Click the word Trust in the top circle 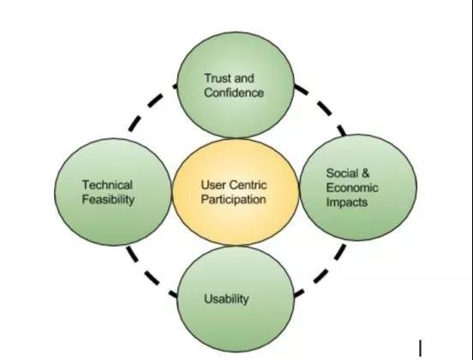point(218,78)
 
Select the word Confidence point(234,93)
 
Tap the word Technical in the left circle point(107,184)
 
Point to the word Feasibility point(108,200)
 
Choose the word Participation point(233,200)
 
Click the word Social point(343,173)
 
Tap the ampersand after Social point(365,173)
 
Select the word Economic point(352,188)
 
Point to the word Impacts point(347,202)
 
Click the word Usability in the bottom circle point(226,299)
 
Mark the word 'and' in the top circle point(244,78)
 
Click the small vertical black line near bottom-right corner point(420,348)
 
